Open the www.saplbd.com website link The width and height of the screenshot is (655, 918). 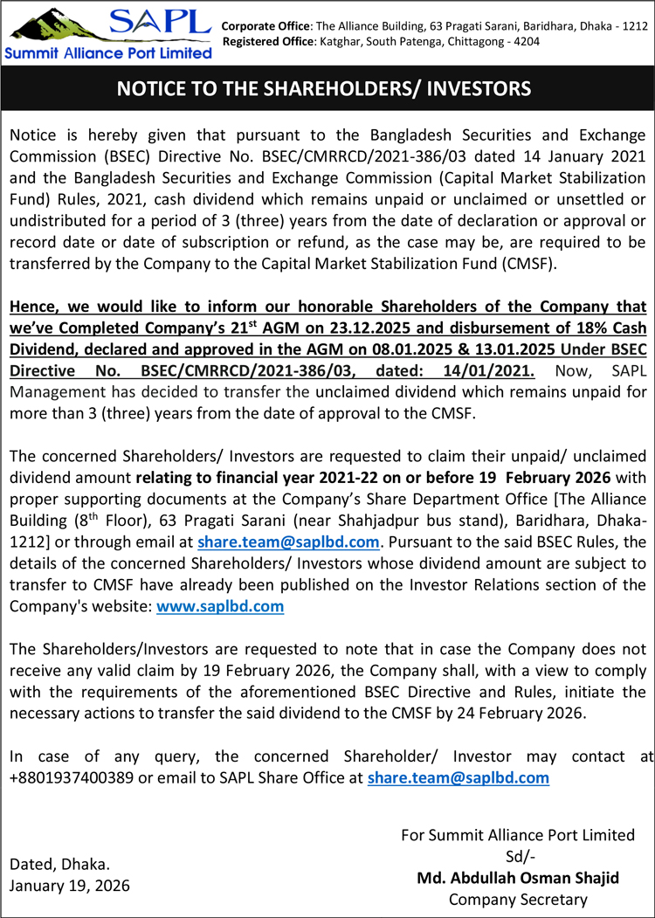(219, 605)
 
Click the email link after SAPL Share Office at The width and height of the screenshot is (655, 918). (458, 777)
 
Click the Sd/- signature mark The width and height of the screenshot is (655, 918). (518, 855)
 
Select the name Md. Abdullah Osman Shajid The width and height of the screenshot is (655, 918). (518, 877)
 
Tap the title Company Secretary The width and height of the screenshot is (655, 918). (518, 899)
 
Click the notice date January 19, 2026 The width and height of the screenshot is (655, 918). (69, 885)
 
